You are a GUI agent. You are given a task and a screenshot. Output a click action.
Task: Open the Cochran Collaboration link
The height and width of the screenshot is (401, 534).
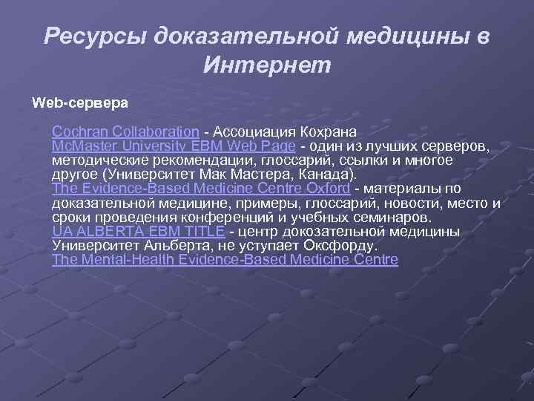(125, 132)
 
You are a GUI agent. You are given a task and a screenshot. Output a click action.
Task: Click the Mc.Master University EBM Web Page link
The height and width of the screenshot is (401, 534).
(174, 146)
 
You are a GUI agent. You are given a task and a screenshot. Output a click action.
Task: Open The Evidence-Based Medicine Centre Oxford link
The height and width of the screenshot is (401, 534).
(200, 189)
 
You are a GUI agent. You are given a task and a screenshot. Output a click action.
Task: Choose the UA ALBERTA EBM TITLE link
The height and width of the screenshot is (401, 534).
(139, 232)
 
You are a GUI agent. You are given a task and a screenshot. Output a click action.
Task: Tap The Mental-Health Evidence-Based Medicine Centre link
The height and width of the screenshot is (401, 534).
(225, 260)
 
